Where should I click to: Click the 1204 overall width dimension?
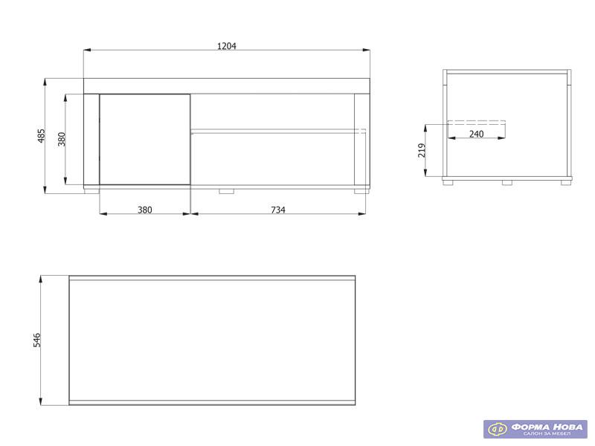click(227, 46)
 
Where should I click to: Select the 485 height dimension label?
click(41, 136)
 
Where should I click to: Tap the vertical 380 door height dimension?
click(62, 139)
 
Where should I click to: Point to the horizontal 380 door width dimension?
click(144, 210)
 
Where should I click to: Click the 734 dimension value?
click(278, 210)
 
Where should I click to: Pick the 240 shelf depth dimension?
click(476, 134)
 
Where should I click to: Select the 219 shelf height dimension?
click(422, 151)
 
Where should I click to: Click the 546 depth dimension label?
click(36, 340)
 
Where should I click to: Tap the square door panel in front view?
click(144, 140)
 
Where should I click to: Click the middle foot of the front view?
click(227, 191)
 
